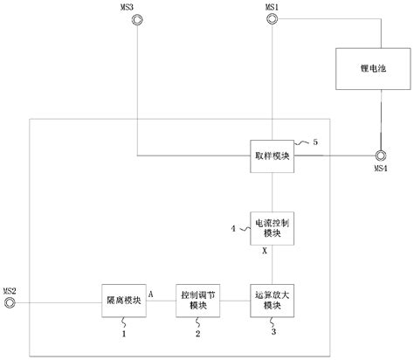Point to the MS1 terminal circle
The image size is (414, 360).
[x=271, y=17]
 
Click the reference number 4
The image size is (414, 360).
[x=233, y=229]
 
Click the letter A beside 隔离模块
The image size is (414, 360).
[x=151, y=294]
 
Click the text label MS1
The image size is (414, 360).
[x=271, y=5]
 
